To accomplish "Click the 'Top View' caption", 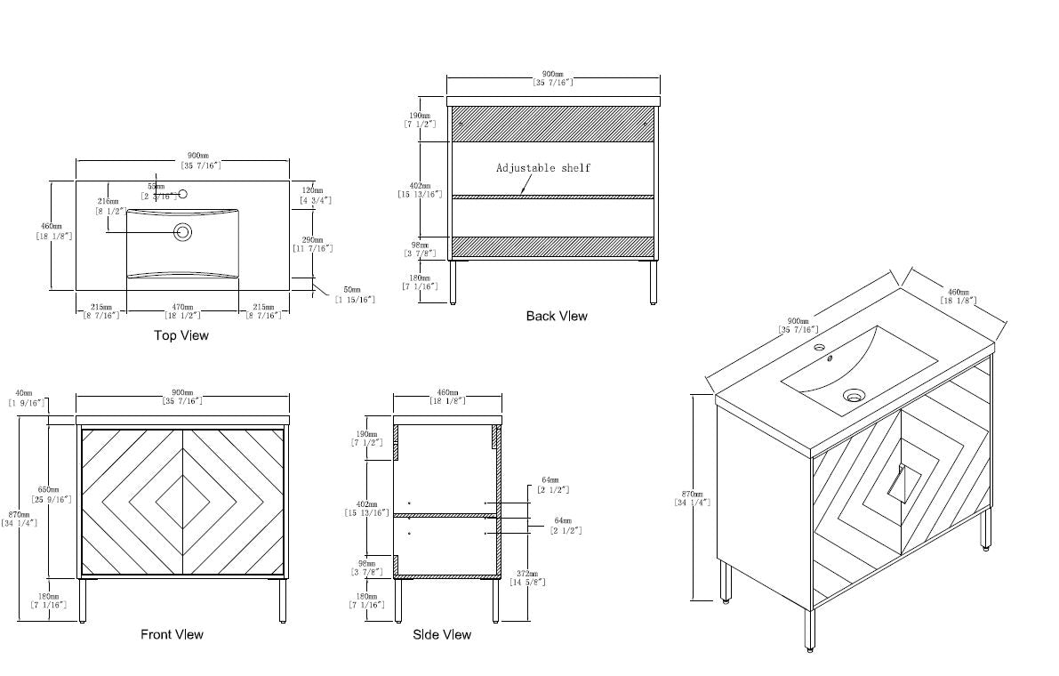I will pyautogui.click(x=181, y=335).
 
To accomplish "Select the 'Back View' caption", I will pyautogui.click(x=557, y=316).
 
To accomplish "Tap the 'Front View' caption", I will pyautogui.click(x=172, y=634).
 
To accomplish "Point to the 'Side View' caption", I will pyautogui.click(x=442, y=634).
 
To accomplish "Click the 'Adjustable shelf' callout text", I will pyautogui.click(x=542, y=167).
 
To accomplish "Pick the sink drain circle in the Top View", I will pyautogui.click(x=184, y=232).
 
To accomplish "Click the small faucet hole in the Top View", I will pyautogui.click(x=183, y=194).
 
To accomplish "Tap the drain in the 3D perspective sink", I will pyautogui.click(x=854, y=397).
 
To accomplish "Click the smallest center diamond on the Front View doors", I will pyautogui.click(x=182, y=503).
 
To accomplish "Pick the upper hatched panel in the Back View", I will pyautogui.click(x=553, y=124).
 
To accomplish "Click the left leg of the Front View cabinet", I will pyautogui.click(x=84, y=600).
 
